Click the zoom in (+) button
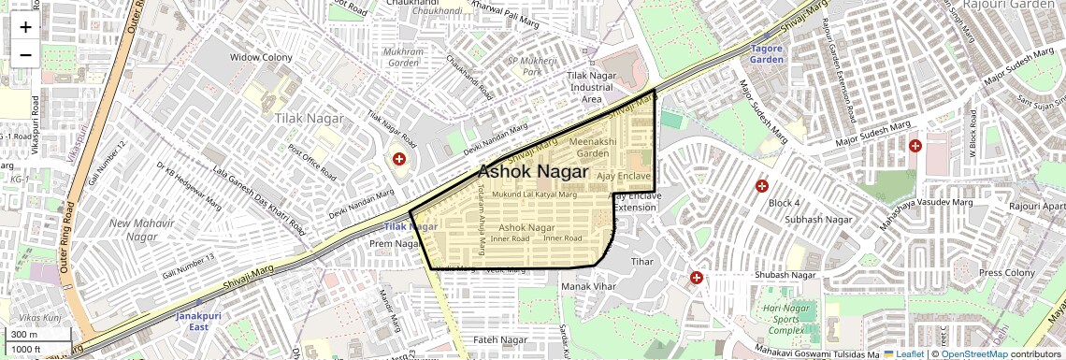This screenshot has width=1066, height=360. (25, 27)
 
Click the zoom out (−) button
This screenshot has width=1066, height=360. (25, 54)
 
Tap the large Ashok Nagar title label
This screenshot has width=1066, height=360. (533, 172)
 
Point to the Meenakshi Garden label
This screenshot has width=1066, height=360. (593, 147)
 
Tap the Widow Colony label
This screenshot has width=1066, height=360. (263, 57)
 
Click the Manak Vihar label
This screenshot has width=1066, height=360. (590, 285)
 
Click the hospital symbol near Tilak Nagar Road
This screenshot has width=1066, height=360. (400, 160)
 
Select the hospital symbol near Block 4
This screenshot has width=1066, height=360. (762, 186)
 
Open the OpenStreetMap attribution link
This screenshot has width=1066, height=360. (973, 353)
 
